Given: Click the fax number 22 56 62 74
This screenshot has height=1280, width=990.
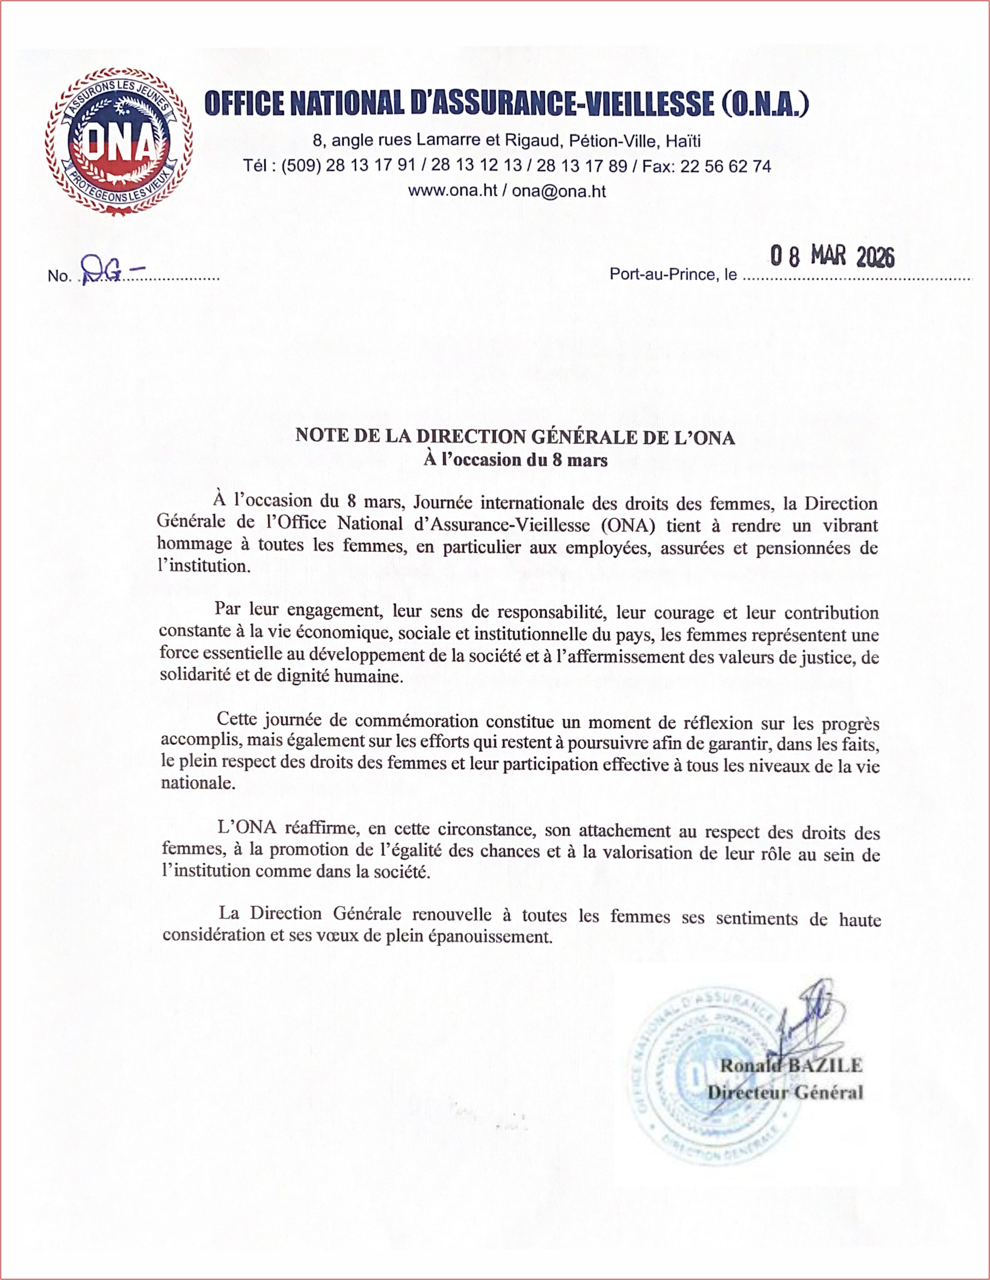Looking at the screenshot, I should pos(726,167).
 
